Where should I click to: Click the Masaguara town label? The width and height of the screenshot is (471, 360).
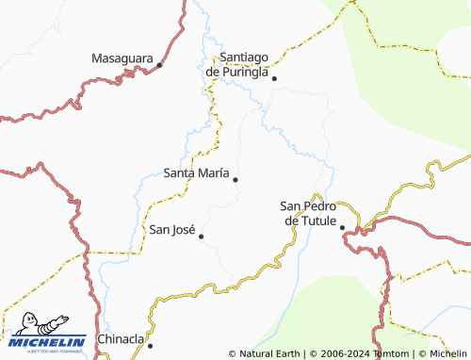[122, 58]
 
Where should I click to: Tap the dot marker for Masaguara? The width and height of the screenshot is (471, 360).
[160, 65]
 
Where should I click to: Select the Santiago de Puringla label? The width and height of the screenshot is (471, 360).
[237, 64]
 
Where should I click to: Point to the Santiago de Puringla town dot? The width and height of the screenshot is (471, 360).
[274, 78]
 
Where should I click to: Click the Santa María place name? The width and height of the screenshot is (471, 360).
[195, 172]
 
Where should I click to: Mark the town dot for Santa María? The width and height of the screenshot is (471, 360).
[235, 179]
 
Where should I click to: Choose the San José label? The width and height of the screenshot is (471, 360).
[172, 229]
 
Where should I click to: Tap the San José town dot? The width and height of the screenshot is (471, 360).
[201, 236]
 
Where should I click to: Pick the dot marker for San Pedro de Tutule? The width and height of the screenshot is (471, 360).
[342, 227]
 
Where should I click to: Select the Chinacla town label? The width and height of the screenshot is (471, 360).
[121, 339]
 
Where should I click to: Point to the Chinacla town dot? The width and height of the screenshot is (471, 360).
[150, 345]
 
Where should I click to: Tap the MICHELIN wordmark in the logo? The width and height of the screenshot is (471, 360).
[49, 342]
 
